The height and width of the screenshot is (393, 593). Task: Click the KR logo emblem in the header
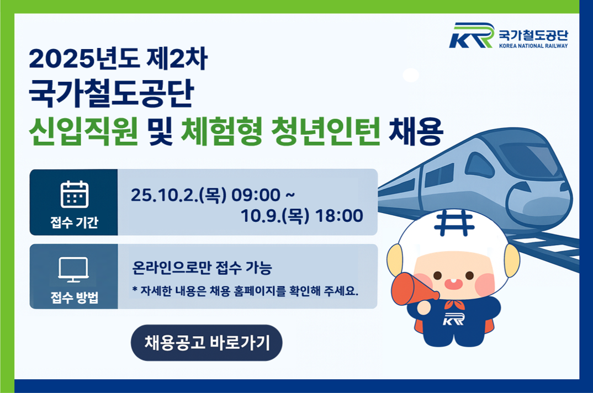[472, 35]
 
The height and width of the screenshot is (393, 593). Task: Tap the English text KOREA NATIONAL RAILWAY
[533, 46]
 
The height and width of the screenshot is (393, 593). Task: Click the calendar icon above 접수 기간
[75, 194]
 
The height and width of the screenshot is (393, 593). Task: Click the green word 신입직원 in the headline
[83, 131]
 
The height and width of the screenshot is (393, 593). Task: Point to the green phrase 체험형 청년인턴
[280, 131]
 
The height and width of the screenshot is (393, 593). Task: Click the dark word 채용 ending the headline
[415, 131]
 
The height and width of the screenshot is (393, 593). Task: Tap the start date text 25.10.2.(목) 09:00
[206, 195]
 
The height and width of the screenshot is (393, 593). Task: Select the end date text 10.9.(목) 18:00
[302, 216]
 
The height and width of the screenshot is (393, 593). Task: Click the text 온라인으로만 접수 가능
[202, 268]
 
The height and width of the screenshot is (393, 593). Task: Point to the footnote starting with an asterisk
[245, 291]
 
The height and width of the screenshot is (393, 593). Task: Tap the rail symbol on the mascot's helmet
[454, 223]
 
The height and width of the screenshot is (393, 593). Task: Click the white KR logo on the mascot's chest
[453, 319]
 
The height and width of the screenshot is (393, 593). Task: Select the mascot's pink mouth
[453, 283]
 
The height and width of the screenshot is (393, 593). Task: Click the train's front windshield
[529, 158]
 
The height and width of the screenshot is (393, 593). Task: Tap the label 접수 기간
[74, 222]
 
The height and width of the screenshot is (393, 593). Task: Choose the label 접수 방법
[74, 298]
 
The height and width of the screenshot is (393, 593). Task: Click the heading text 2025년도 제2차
[118, 59]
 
